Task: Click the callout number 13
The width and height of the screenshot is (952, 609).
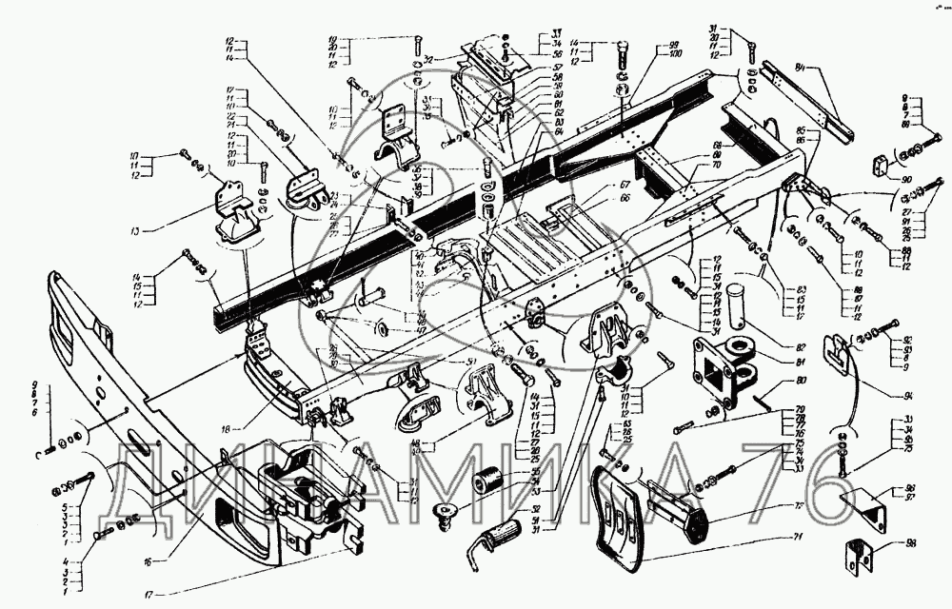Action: [x=136, y=231]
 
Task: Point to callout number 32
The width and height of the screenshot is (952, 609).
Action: [x=429, y=59]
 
